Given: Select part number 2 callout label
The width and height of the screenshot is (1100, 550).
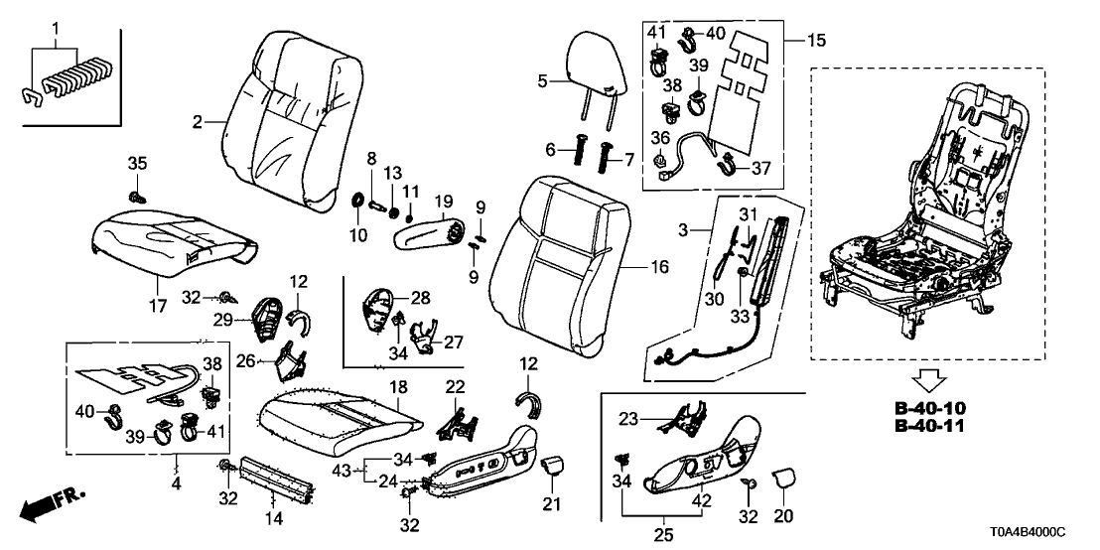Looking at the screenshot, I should [x=198, y=122].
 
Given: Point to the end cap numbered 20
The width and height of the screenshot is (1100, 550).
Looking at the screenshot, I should [x=782, y=481].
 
